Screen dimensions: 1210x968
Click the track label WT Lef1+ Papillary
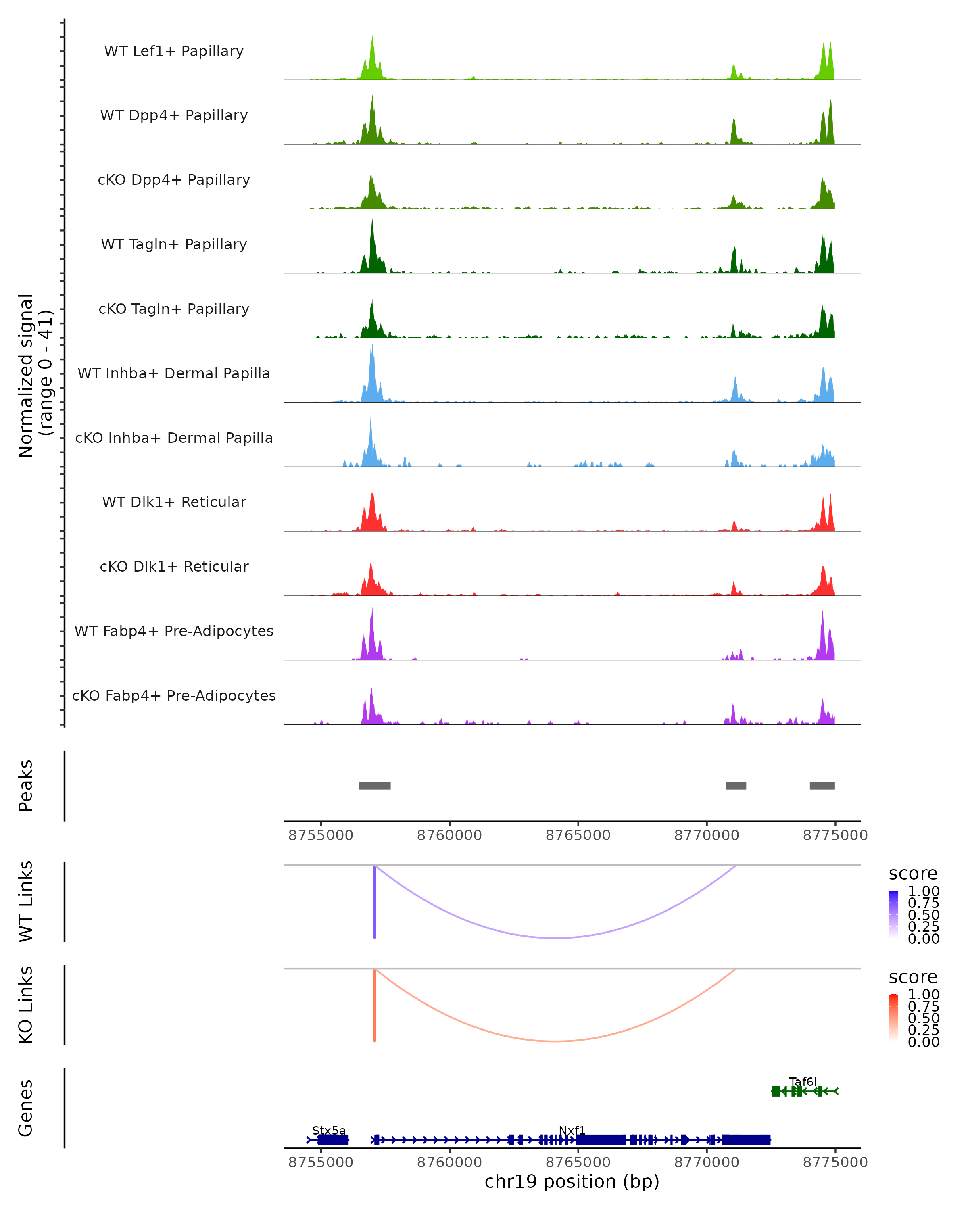(174, 51)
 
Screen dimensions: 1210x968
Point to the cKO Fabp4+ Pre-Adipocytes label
(174, 695)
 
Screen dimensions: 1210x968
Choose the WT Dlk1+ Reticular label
(174, 502)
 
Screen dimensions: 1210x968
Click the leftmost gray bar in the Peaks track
(374, 786)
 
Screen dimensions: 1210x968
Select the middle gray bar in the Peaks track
(736, 786)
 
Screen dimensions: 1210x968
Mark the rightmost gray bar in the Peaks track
(822, 786)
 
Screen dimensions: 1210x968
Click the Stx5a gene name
(329, 1130)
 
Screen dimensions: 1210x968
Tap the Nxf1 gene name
(572, 1130)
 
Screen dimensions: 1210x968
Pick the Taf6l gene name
(803, 1081)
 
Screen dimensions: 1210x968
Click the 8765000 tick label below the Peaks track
(578, 835)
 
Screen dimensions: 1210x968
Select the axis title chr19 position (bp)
(572, 1181)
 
